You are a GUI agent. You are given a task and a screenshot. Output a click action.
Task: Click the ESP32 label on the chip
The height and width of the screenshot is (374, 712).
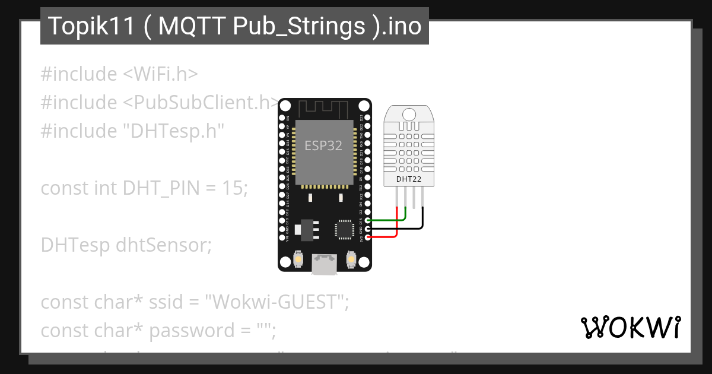click(323, 145)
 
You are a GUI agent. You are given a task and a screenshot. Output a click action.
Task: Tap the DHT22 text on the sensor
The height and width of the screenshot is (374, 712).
click(409, 178)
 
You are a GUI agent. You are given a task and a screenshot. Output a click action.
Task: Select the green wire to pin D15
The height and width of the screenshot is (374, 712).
click(386, 220)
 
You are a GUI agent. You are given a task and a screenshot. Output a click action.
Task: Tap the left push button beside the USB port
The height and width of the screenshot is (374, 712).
click(299, 259)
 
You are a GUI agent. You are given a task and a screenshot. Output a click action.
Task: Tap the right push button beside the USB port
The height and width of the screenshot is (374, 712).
click(351, 259)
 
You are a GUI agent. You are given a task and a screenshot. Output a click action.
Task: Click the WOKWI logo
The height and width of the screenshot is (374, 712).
click(630, 327)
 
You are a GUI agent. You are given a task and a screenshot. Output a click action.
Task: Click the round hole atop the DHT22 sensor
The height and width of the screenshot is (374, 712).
click(409, 114)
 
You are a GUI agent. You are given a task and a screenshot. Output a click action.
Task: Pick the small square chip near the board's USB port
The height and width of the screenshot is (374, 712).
click(345, 229)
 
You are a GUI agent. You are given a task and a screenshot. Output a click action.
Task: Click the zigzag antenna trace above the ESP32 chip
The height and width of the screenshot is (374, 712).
click(323, 109)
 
